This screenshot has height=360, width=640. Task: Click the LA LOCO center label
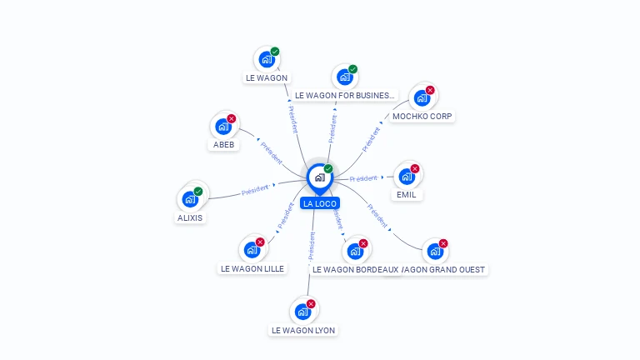[320, 203]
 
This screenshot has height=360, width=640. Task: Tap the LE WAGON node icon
[267, 59]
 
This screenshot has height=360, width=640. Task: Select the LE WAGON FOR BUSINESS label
[344, 96]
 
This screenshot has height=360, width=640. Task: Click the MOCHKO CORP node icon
[422, 97]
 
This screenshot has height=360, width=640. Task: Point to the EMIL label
[406, 195]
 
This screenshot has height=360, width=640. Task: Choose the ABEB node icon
[222, 127]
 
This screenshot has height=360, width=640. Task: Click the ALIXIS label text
[190, 218]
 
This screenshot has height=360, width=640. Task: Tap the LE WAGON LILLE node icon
[252, 249]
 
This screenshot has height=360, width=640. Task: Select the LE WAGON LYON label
[303, 331]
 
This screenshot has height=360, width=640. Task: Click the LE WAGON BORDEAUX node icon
[355, 251]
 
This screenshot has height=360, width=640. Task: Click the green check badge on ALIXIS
[198, 192]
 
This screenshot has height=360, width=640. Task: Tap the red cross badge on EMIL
[415, 168]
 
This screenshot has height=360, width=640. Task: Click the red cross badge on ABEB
[232, 118]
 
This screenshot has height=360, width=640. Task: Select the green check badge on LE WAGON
[275, 52]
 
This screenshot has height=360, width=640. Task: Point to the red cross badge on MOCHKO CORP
[430, 90]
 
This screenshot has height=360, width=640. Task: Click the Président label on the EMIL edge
[364, 178]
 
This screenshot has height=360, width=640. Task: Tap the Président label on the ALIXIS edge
[254, 191]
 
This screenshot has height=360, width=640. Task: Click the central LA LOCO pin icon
[319, 177]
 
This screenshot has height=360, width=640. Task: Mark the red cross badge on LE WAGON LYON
[311, 304]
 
